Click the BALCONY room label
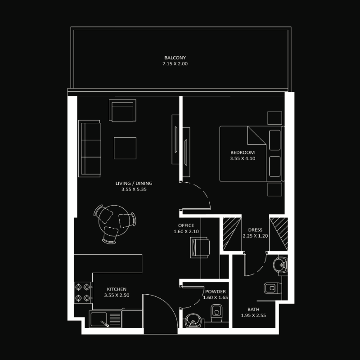(x=175, y=58)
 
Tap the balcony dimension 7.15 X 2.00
(x=175, y=64)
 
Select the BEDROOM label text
(x=243, y=153)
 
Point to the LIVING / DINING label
(x=134, y=183)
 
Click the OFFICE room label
(x=186, y=225)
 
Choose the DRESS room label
(x=255, y=230)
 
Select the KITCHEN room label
(x=117, y=289)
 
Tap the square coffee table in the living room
(x=125, y=148)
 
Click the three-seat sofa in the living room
(x=90, y=148)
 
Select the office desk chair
(x=200, y=247)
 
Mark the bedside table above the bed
(x=274, y=118)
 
